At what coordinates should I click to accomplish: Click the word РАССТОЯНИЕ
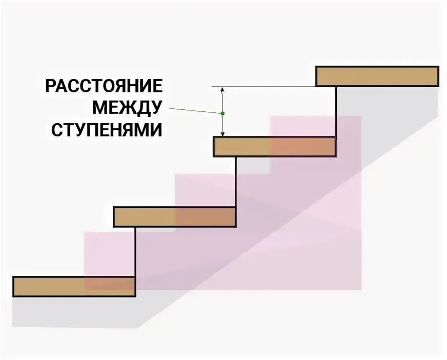pyautogui.click(x=104, y=86)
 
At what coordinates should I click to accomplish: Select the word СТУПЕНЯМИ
pyautogui.click(x=106, y=130)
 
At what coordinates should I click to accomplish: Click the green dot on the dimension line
pyautogui.click(x=222, y=113)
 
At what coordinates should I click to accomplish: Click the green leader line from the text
pyautogui.click(x=195, y=110)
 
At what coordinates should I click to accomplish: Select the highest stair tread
pyautogui.click(x=377, y=76)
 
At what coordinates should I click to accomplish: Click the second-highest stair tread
pyautogui.click(x=274, y=147)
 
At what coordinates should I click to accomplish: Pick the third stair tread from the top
pyautogui.click(x=174, y=217)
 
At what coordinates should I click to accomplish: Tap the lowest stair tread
pyautogui.click(x=74, y=287)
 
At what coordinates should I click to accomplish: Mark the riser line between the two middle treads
pyautogui.click(x=236, y=182)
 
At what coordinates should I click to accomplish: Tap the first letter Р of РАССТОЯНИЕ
pyautogui.click(x=51, y=86)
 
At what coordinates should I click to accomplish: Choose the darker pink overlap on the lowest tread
pyautogui.click(x=109, y=287)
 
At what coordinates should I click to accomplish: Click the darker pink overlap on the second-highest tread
pyautogui.click(x=303, y=147)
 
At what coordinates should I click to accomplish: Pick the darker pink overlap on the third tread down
pyautogui.click(x=205, y=217)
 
